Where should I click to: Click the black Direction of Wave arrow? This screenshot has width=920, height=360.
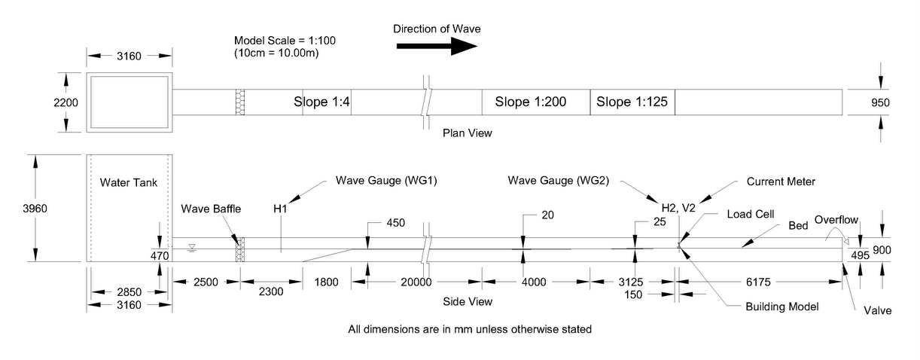[437, 46]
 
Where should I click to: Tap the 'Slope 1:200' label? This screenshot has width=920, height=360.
[530, 102]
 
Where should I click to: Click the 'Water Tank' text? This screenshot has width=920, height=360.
[126, 182]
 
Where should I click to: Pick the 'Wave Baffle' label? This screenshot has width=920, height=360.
[212, 209]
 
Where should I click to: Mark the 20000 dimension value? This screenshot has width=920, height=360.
[416, 282]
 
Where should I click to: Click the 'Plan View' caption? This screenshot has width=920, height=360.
[467, 134]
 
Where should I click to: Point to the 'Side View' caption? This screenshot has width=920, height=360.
[468, 302]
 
